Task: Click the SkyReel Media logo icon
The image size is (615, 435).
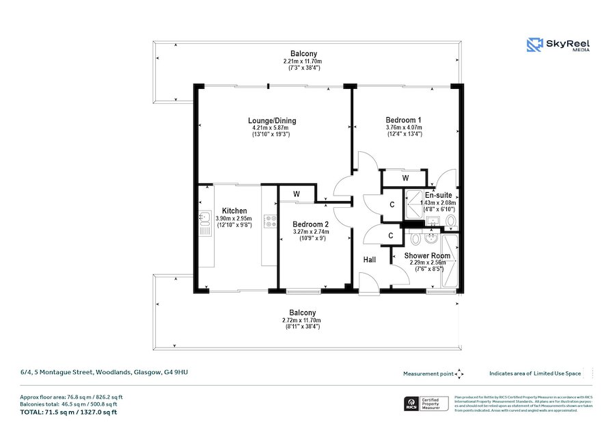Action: coord(534,45)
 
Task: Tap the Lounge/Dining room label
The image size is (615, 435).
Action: coord(271,121)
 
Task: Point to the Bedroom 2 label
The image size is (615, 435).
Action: coord(311,224)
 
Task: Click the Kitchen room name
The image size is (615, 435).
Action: coord(234,211)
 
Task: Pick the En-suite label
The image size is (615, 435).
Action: coord(437,196)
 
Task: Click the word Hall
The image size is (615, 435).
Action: coord(369,260)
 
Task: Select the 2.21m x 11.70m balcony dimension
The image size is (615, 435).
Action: coord(303,62)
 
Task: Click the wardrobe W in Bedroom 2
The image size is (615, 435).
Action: coord(297,194)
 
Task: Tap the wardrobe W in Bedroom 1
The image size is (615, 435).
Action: coord(405,179)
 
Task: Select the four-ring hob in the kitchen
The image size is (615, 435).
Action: coord(270,221)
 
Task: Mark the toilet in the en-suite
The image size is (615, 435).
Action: coord(450,220)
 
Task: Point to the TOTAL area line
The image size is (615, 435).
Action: coord(68,412)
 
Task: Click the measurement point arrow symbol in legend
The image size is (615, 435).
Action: coord(459,373)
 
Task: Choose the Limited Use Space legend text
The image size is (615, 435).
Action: coord(535,373)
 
